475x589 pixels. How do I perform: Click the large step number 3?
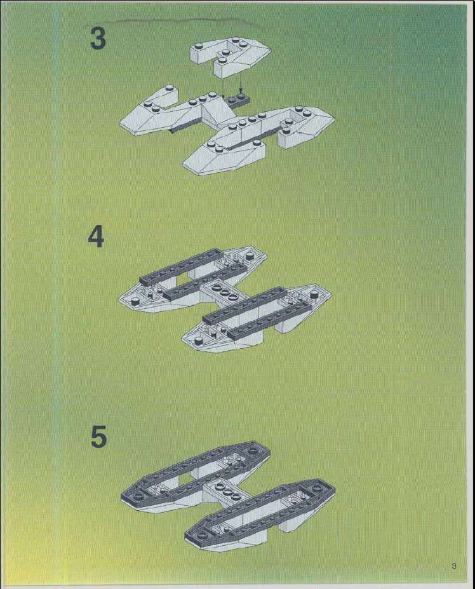[x=98, y=38]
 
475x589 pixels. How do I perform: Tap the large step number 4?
[x=96, y=237]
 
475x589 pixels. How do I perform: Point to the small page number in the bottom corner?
[x=453, y=565]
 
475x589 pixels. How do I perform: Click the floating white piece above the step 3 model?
[x=230, y=57]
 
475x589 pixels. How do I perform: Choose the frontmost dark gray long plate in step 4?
[x=270, y=318]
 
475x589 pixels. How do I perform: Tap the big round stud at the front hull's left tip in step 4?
[x=199, y=341]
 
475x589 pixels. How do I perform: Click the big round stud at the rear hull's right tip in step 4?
[x=250, y=257]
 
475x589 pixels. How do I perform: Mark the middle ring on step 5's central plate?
[x=227, y=491]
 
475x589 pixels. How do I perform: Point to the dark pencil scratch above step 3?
[x=177, y=20]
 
